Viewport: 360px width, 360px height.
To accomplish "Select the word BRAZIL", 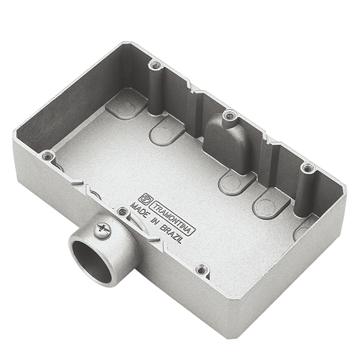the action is pyautogui.click(x=171, y=233).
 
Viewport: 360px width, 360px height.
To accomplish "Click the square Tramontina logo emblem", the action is pyautogui.click(x=145, y=198).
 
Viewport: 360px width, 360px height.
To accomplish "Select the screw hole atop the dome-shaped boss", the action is pyautogui.click(x=228, y=115).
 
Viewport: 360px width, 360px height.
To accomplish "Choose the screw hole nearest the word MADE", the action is pyautogui.click(x=122, y=210).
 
